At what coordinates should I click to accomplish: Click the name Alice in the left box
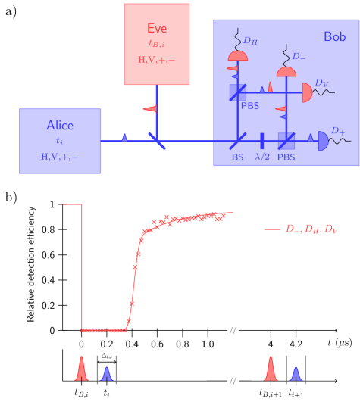tap(60, 125)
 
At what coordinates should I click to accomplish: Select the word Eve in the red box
tap(157, 29)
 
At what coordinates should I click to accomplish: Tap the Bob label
tap(334, 36)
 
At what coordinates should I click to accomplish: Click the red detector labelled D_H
tap(238, 57)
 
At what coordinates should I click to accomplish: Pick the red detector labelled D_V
tap(307, 92)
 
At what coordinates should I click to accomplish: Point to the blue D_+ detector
tap(323, 141)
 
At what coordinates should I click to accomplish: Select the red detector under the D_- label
tap(286, 72)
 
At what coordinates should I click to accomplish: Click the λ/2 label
tap(261, 157)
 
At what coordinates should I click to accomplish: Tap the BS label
tap(238, 157)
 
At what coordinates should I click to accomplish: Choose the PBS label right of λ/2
tap(286, 157)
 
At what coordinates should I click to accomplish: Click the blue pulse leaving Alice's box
tap(125, 138)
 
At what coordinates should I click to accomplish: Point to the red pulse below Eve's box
tap(149, 109)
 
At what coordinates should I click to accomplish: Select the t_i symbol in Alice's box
tap(60, 141)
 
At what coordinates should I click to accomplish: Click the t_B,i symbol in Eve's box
tap(157, 44)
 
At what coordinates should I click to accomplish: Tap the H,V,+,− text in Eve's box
tap(157, 59)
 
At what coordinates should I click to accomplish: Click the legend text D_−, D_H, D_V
tap(311, 229)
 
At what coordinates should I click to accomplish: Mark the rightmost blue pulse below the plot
tap(296, 373)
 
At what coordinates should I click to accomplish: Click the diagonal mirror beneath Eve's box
tap(157, 140)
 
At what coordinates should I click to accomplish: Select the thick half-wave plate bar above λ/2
tap(261, 141)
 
